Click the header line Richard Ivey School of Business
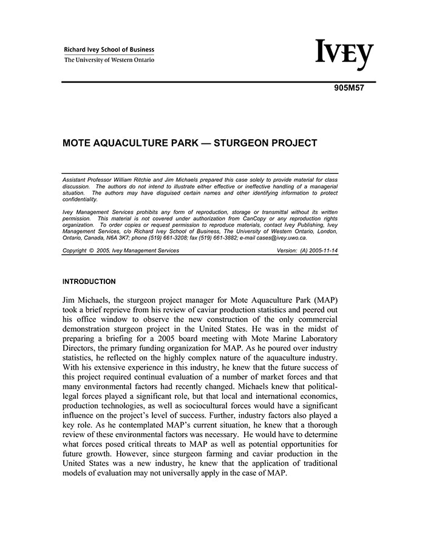109,50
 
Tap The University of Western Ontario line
109,60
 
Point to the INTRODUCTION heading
89,282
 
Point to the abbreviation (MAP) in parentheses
324,300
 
